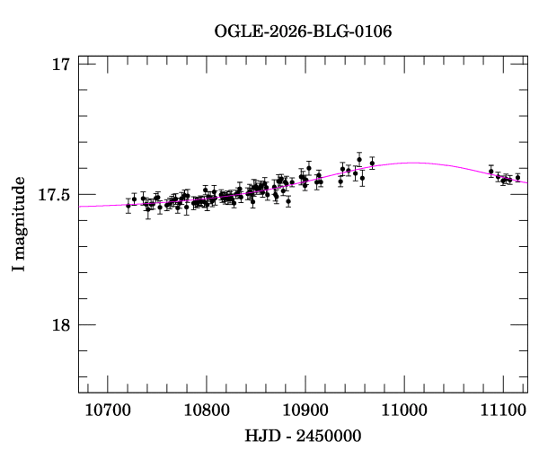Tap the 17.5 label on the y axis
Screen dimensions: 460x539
[x=52, y=194]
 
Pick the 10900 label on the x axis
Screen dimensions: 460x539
[x=305, y=410]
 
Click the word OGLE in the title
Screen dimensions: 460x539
[x=235, y=32]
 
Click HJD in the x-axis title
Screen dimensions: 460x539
[x=261, y=436]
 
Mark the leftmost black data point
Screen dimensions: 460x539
[x=128, y=206]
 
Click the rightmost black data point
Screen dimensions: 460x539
[x=517, y=177]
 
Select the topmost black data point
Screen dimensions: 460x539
[x=359, y=159]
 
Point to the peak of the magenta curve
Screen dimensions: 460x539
[x=415, y=163]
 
